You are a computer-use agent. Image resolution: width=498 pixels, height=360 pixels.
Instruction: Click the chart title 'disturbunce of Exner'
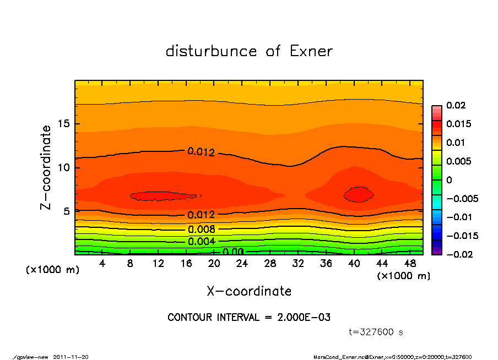pyautogui.click(x=249, y=52)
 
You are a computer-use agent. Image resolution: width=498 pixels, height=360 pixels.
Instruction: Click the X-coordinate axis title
pyautogui.click(x=249, y=291)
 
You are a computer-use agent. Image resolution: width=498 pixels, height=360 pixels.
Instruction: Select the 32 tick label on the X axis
pyautogui.click(x=298, y=264)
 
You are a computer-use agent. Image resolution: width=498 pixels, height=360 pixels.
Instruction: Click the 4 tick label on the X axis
pyautogui.click(x=102, y=264)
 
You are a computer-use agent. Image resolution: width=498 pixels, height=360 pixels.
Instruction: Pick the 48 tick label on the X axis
pyautogui.click(x=410, y=264)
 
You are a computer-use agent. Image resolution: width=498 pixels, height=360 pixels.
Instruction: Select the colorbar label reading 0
pyautogui.click(x=449, y=180)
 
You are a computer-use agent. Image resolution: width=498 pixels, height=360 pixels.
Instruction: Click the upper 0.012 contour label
pyautogui.click(x=201, y=152)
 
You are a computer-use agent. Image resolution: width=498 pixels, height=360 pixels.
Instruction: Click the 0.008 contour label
pyautogui.click(x=201, y=230)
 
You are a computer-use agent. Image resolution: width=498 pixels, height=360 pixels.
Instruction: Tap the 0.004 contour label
pyautogui.click(x=201, y=241)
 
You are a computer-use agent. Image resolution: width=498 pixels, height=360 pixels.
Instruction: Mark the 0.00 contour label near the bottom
pyautogui.click(x=233, y=252)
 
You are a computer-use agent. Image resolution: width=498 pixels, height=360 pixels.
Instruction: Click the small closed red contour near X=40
pyautogui.click(x=359, y=194)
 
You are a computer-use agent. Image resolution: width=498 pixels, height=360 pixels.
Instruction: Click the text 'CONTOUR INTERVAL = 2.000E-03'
pyautogui.click(x=249, y=318)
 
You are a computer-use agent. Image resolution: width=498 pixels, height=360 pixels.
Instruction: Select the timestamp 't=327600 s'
pyautogui.click(x=377, y=332)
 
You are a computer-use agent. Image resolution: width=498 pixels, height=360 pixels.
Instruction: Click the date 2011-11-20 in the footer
pyautogui.click(x=71, y=357)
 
